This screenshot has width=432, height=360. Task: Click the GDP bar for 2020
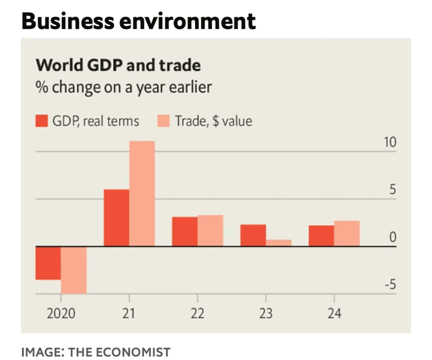(x=48, y=262)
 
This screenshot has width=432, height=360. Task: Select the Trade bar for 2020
(x=73, y=270)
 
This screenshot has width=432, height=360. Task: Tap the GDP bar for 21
(x=117, y=218)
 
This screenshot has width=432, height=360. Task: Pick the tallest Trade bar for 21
(x=142, y=193)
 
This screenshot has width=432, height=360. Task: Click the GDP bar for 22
(x=185, y=231)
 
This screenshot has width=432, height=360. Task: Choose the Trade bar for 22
(x=210, y=231)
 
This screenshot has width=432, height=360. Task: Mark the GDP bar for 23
(x=253, y=235)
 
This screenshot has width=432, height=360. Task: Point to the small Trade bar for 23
(x=279, y=242)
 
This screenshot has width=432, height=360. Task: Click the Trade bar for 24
(x=347, y=233)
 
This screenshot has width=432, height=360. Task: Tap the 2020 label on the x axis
(x=60, y=313)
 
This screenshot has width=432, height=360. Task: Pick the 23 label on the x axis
(x=265, y=313)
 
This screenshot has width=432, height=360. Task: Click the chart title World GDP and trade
(x=118, y=65)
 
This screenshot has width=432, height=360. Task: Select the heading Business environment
(x=138, y=21)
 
